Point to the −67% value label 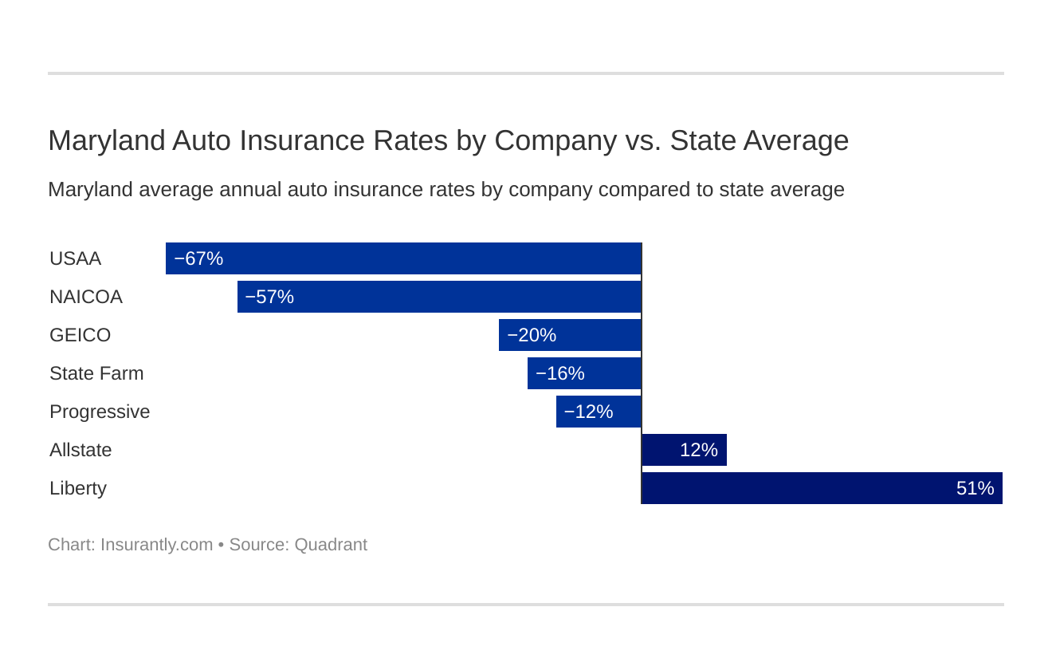click(198, 258)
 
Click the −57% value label click(269, 297)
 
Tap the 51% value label click(975, 488)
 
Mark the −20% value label click(532, 335)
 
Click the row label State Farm click(96, 373)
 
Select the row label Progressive click(100, 412)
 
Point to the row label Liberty click(78, 488)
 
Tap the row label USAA click(75, 258)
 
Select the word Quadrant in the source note click(331, 545)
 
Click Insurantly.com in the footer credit click(156, 545)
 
